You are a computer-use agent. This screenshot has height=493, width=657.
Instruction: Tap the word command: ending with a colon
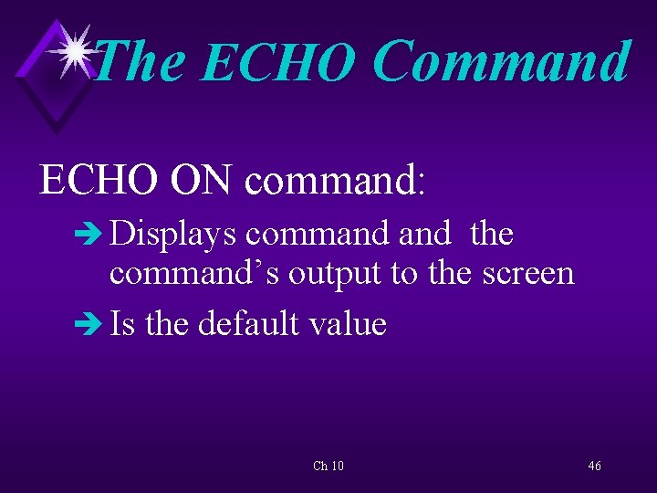click(335, 179)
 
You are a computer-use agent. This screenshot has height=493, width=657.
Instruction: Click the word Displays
click(174, 235)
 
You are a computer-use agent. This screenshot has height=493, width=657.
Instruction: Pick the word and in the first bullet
click(424, 235)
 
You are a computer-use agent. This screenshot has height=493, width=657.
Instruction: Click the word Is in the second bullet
click(121, 323)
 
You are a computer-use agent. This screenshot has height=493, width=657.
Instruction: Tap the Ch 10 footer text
click(328, 467)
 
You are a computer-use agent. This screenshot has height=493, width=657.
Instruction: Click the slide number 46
click(594, 467)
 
